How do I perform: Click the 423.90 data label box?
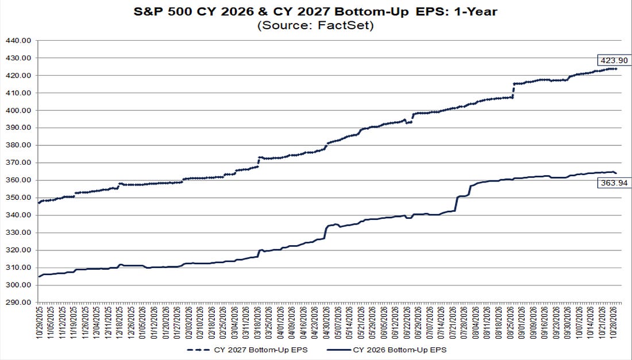[x=614, y=60]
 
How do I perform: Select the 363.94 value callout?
[x=614, y=183]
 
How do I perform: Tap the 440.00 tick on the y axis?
[x=18, y=41]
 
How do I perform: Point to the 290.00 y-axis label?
[x=18, y=303]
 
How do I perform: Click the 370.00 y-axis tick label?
[x=18, y=162]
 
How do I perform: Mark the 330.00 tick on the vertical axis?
[x=18, y=233]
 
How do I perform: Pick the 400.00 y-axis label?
[x=18, y=110]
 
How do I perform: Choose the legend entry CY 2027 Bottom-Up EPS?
[x=247, y=350]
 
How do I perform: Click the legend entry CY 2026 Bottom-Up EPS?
[x=387, y=350]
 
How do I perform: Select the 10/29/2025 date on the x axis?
[x=40, y=322]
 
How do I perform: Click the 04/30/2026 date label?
[x=327, y=322]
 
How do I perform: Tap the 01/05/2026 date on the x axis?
[x=143, y=322]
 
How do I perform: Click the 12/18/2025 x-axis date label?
[x=120, y=322]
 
